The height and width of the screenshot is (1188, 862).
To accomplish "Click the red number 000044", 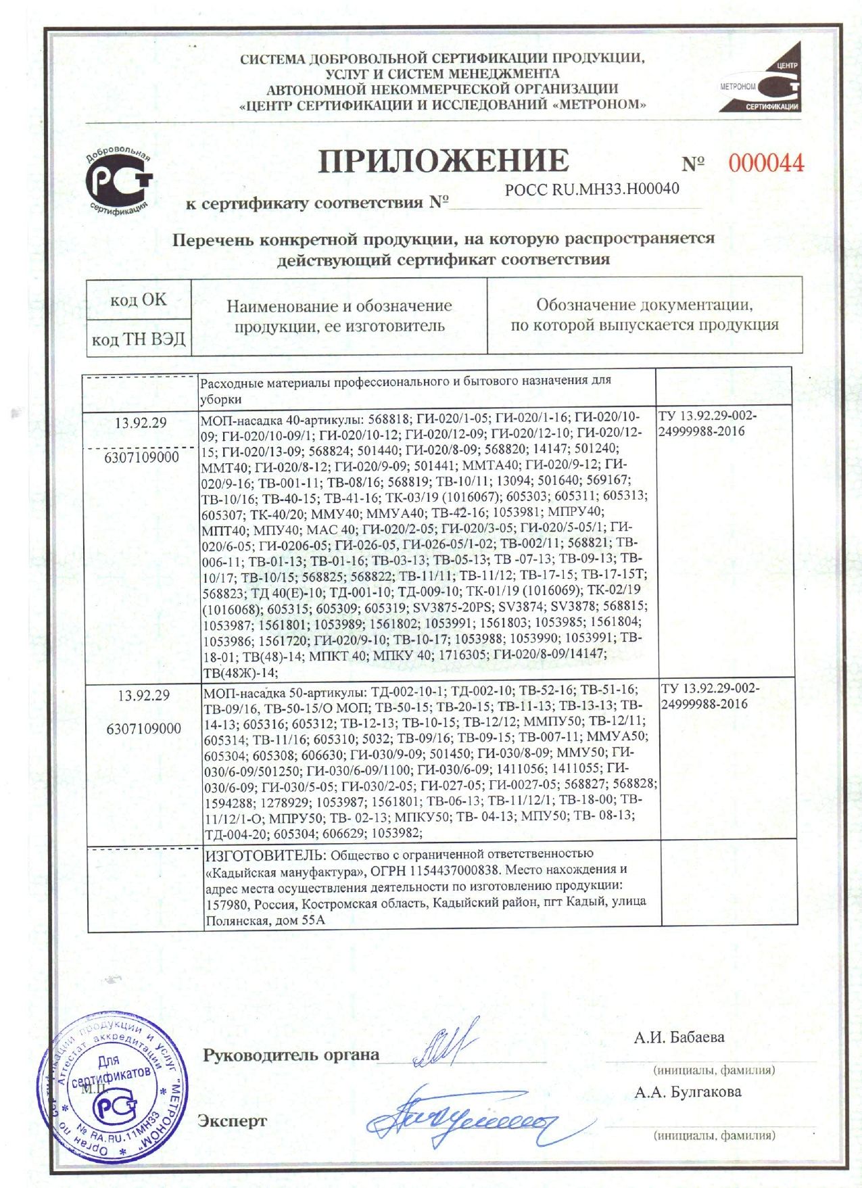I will coord(765,163).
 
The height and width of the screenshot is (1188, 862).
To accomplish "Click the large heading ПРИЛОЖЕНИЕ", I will coord(444,161).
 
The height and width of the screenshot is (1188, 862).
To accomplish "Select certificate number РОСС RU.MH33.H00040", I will coord(592,189).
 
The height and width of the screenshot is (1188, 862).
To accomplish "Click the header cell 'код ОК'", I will coord(138,300).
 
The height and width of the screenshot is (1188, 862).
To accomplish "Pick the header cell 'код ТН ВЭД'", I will coord(138,339).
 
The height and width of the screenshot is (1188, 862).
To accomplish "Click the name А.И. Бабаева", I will coord(678,1037).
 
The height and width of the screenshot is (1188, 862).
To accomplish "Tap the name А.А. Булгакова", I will coord(687,1091).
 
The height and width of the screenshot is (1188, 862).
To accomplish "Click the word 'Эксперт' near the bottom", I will coord(232,1121).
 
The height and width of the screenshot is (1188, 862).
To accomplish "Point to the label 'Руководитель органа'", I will coord(291,1055).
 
